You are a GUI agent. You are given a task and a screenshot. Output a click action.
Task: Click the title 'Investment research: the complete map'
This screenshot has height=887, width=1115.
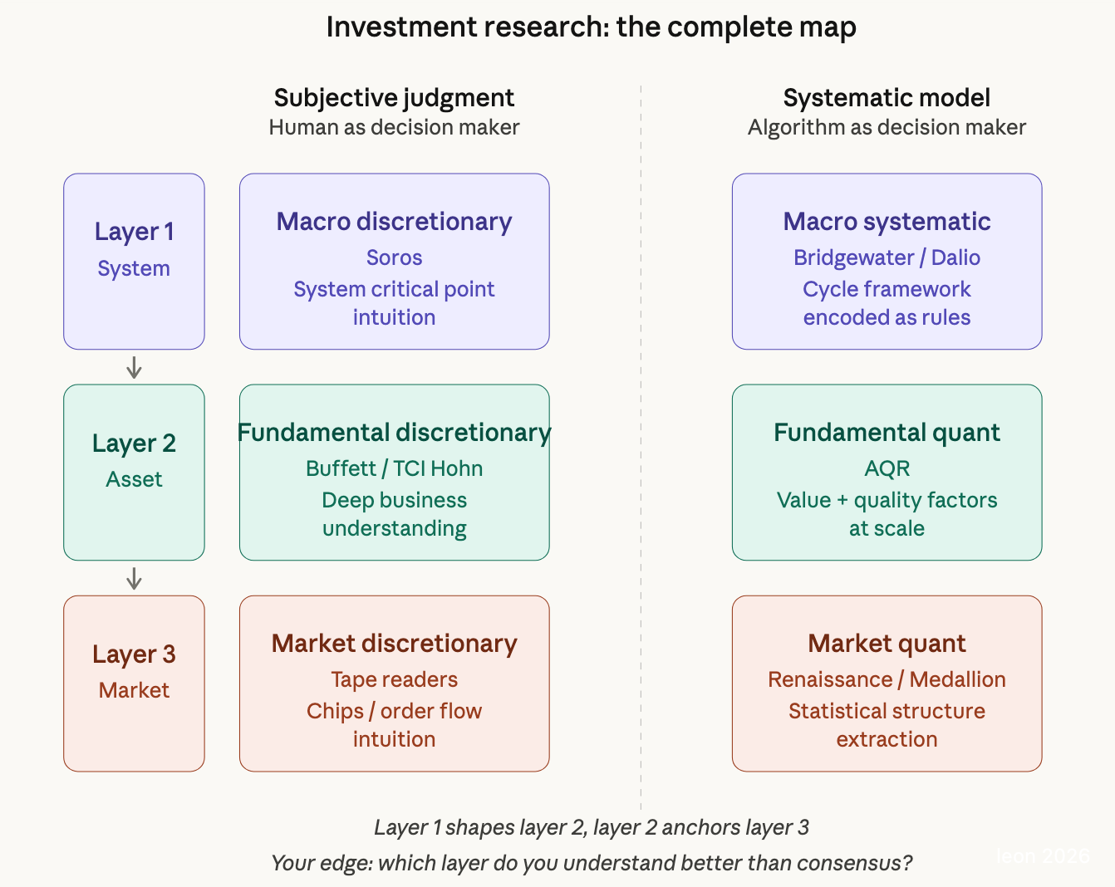(591, 27)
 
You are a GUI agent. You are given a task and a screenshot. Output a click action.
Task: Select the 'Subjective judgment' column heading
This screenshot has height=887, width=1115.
(394, 98)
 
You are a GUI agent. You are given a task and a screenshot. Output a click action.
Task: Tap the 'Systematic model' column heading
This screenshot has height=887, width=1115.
(887, 98)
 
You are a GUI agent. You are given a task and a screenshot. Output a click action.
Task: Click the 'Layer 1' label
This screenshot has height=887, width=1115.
(134, 232)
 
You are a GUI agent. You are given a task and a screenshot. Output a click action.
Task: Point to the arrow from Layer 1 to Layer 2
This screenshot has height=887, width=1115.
(134, 367)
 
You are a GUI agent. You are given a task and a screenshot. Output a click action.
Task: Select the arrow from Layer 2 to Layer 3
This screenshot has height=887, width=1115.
(134, 578)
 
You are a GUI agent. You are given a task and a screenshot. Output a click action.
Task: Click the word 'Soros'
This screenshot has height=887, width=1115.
(394, 257)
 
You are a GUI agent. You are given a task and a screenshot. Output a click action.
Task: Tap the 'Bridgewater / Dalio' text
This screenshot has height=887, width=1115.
(887, 257)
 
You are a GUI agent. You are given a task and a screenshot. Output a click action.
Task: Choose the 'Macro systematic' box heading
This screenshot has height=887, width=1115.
(887, 222)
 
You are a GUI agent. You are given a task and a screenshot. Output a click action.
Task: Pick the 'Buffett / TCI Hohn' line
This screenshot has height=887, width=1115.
(394, 468)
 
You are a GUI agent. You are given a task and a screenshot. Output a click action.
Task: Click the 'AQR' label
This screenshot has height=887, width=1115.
(887, 468)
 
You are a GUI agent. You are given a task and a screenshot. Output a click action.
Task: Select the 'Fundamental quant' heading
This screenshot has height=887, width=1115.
(887, 433)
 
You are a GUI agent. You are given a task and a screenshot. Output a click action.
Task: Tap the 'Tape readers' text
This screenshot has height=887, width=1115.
(394, 679)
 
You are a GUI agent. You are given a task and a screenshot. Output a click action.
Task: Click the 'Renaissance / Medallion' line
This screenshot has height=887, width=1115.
(887, 679)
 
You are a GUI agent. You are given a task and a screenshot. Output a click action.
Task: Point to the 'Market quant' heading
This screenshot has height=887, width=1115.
(887, 644)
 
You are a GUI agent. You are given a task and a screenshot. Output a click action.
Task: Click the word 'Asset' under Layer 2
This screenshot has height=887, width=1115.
(134, 479)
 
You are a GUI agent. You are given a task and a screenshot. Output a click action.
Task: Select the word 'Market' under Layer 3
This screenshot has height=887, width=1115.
(134, 690)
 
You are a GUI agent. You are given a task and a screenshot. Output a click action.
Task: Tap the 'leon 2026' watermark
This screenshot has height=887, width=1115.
(1043, 856)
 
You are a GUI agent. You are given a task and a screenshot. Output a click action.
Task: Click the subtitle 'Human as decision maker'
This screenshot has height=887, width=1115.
(394, 127)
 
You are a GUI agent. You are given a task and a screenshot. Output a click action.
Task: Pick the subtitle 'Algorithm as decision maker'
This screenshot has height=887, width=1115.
(887, 127)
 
